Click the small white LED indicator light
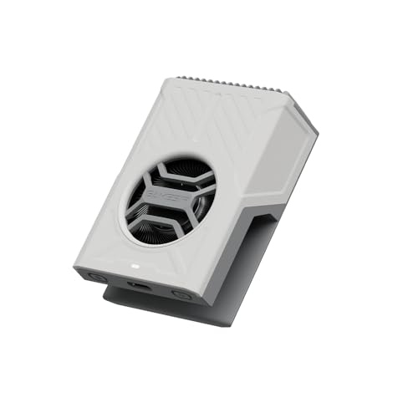(135, 268)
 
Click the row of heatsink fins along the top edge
(226, 84)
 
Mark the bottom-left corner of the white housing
(79, 272)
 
